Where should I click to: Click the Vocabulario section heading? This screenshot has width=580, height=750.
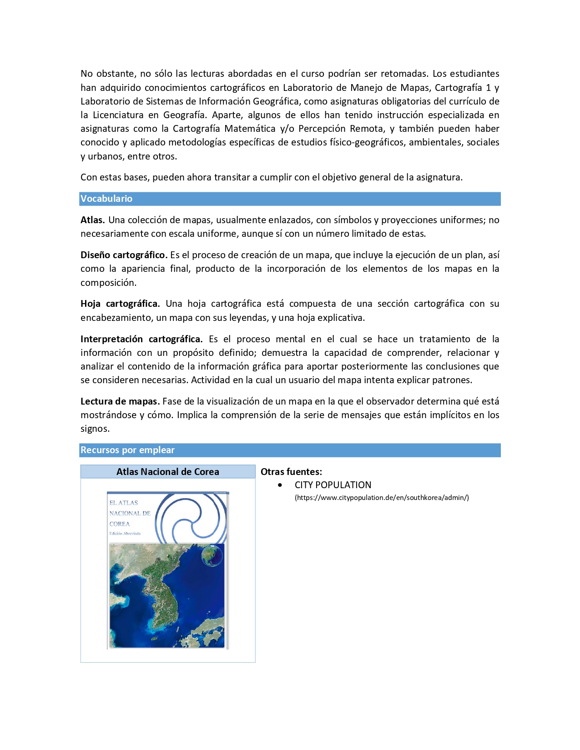pyautogui.click(x=106, y=199)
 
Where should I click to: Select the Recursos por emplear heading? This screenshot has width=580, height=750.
pyautogui.click(x=127, y=450)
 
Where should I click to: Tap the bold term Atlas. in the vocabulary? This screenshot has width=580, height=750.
pyautogui.click(x=92, y=220)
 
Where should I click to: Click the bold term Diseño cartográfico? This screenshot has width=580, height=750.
pyautogui.click(x=124, y=255)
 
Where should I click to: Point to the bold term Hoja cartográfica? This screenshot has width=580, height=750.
pyautogui.click(x=120, y=304)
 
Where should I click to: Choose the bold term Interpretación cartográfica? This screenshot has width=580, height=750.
pyautogui.click(x=141, y=339)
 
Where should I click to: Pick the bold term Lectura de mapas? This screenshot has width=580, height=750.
pyautogui.click(x=120, y=401)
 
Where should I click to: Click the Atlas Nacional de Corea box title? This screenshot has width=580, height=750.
pyautogui.click(x=167, y=472)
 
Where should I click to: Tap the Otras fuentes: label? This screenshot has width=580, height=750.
pyautogui.click(x=291, y=472)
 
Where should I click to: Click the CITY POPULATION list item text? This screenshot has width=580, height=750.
pyautogui.click(x=333, y=485)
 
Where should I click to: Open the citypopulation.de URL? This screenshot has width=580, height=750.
pyautogui.click(x=382, y=498)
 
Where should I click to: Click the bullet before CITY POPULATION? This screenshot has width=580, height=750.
pyautogui.click(x=280, y=485)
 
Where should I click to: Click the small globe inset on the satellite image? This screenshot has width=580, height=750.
pyautogui.click(x=212, y=555)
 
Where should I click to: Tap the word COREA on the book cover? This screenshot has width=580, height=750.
pyautogui.click(x=119, y=524)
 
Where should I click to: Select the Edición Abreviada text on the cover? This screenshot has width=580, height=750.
pyautogui.click(x=125, y=534)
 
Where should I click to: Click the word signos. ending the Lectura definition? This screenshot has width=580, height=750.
pyautogui.click(x=95, y=429)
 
